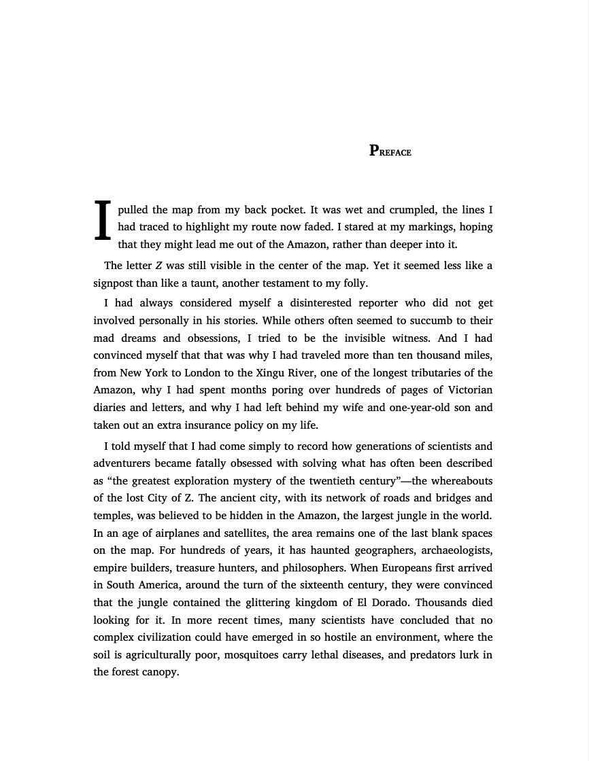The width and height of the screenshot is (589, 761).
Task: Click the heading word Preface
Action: click(x=390, y=151)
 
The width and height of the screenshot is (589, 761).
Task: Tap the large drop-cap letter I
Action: click(x=102, y=220)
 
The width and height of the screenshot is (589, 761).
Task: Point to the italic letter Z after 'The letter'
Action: click(x=158, y=266)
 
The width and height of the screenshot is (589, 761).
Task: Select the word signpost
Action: click(x=115, y=283)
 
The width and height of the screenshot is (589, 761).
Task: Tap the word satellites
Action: click(x=228, y=533)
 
